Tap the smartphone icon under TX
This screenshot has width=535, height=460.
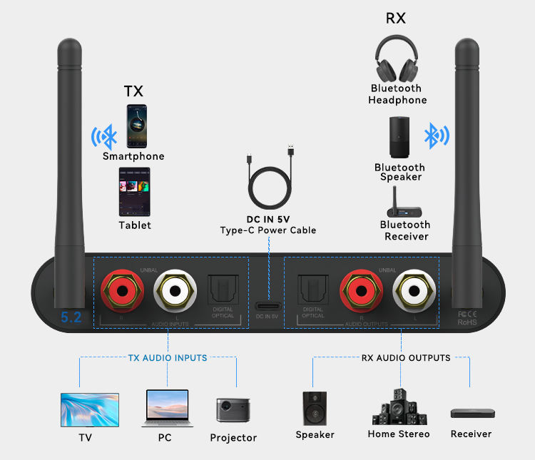click(138, 126)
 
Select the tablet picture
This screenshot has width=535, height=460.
click(134, 191)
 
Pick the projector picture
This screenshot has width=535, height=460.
click(233, 411)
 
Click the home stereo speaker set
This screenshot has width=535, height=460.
click(399, 407)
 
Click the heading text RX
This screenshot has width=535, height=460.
click(396, 19)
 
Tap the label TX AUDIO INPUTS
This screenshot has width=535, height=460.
click(168, 358)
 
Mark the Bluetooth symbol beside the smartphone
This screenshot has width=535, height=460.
click(104, 136)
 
